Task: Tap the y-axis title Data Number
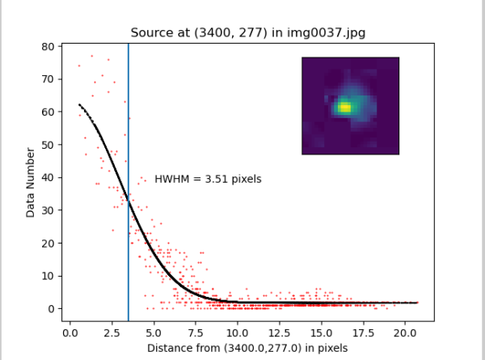(x=30, y=182)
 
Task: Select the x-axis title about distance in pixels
(x=247, y=348)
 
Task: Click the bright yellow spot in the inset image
(x=344, y=107)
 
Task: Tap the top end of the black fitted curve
(x=79, y=104)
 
